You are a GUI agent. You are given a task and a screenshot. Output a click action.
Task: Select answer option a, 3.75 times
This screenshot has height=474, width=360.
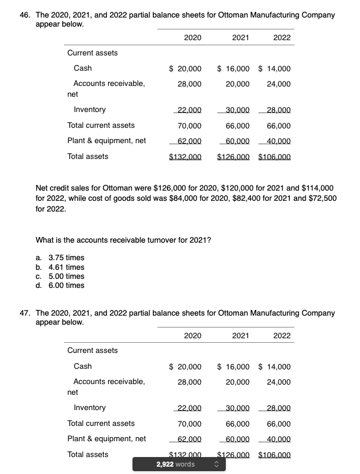pyautogui.click(x=59, y=258)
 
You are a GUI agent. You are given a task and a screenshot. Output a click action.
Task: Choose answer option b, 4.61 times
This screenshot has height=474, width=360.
pyautogui.click(x=59, y=267)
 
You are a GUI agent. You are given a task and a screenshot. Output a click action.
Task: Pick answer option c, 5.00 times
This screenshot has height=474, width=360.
pyautogui.click(x=59, y=276)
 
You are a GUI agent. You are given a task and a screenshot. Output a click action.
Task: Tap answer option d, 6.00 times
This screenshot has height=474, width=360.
pyautogui.click(x=59, y=285)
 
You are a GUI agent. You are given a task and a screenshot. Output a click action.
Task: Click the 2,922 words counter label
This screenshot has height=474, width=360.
pyautogui.click(x=175, y=464)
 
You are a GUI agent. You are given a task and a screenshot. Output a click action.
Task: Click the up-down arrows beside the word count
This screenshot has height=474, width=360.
pyautogui.click(x=215, y=464)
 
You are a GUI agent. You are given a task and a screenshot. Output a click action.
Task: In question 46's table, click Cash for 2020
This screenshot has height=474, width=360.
pyautogui.click(x=186, y=68)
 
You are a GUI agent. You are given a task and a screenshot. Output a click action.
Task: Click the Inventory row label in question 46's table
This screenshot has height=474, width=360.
pyautogui.click(x=89, y=110)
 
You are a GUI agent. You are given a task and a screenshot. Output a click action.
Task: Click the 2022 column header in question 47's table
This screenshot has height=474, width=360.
pyautogui.click(x=281, y=335)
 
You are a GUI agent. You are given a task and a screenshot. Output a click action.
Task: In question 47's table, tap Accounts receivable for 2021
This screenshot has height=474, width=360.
pyautogui.click(x=238, y=382)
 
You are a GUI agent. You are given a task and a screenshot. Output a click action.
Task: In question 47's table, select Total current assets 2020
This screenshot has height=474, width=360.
pyautogui.click(x=190, y=424)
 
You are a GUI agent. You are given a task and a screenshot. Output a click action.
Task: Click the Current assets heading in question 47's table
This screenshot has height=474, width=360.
pyautogui.click(x=92, y=351)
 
